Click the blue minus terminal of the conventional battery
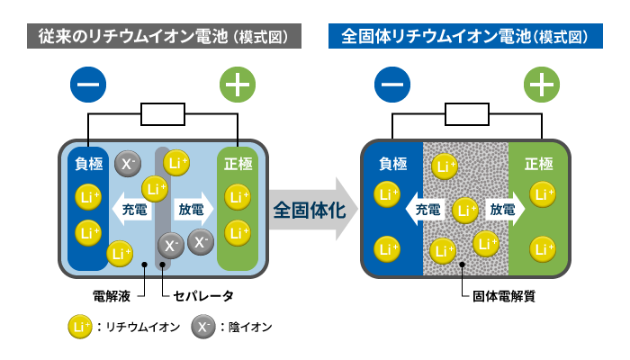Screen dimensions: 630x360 click(x=88, y=85)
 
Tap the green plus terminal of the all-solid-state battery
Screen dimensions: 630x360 click(x=542, y=85)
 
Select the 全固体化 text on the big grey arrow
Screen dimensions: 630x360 click(x=310, y=210)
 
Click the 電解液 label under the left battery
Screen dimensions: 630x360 click(x=112, y=296)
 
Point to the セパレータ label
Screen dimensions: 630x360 click(x=202, y=296)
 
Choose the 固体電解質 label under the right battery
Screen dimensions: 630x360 click(x=504, y=296)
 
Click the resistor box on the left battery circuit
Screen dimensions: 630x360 click(x=163, y=114)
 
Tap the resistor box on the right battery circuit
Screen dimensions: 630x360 click(x=467, y=114)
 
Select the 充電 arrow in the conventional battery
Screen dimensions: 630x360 click(x=131, y=209)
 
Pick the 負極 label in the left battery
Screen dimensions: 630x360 click(x=89, y=164)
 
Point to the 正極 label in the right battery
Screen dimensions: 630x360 click(x=539, y=164)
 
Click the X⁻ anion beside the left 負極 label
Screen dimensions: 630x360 click(x=128, y=164)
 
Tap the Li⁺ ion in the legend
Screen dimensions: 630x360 click(x=80, y=326)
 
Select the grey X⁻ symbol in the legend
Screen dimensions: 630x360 click(x=203, y=326)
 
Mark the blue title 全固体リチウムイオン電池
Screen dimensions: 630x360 click(x=437, y=36)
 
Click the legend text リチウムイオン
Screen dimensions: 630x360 click(x=142, y=327)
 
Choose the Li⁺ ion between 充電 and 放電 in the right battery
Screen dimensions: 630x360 click(x=465, y=211)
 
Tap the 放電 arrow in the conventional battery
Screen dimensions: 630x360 click(x=193, y=209)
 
